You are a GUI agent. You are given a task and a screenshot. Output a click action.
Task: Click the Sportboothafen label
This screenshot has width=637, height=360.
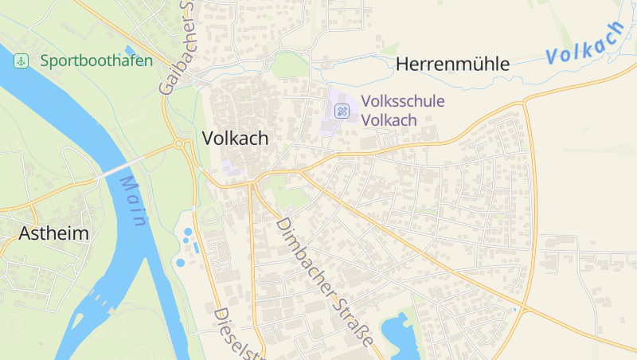point(96,61)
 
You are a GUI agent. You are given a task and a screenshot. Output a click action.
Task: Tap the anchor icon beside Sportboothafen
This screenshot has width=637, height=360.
point(21,61)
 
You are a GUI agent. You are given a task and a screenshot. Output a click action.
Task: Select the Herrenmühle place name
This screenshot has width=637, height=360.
point(452,65)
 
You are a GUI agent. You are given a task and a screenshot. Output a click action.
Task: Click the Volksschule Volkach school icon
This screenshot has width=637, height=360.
point(342,111)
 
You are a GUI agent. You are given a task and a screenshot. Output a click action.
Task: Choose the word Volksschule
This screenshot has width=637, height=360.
point(402,102)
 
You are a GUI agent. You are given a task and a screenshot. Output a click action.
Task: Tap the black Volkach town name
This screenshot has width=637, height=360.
point(235,138)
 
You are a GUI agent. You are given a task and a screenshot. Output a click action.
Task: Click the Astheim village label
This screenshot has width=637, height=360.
point(53,233)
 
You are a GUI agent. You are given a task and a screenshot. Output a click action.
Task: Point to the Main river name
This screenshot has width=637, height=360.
point(132,201)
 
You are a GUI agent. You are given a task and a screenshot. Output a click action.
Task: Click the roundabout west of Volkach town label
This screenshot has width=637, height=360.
point(181,144)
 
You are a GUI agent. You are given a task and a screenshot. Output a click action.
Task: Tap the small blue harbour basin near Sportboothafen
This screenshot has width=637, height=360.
point(130,51)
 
